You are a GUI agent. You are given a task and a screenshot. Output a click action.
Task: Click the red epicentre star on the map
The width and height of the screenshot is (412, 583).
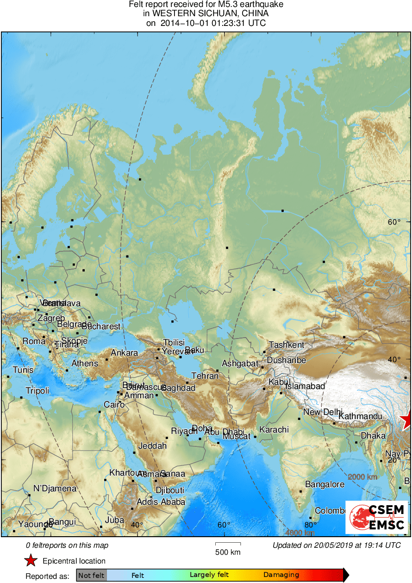click(407, 420)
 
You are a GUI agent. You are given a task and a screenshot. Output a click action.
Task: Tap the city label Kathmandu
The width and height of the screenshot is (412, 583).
click(360, 417)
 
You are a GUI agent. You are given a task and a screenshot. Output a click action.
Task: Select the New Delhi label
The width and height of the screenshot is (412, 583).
click(323, 412)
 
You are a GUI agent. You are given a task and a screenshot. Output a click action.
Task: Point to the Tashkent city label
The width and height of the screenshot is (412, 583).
click(287, 345)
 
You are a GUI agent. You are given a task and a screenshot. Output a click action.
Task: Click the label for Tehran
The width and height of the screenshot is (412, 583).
click(205, 376)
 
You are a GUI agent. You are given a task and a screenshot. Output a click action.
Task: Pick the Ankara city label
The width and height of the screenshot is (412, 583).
click(124, 353)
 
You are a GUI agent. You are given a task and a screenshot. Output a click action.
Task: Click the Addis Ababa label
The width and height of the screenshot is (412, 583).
click(161, 502)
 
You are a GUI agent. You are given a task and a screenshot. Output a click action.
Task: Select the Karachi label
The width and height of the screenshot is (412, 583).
click(274, 430)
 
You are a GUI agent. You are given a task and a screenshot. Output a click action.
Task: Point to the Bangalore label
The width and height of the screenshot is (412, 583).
click(325, 484)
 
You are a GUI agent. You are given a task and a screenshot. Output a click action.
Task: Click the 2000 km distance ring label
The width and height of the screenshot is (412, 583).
click(362, 477)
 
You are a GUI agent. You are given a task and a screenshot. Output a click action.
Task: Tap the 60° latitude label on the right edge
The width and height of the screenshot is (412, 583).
click(394, 222)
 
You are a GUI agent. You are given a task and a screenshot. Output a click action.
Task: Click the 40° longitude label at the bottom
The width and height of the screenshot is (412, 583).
click(137, 525)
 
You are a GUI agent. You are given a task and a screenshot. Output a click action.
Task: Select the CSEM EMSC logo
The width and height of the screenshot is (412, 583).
click(377, 517)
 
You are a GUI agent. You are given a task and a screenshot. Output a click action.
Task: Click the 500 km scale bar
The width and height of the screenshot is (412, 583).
click(228, 543)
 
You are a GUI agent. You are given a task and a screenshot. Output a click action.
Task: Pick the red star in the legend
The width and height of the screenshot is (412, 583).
click(31, 561)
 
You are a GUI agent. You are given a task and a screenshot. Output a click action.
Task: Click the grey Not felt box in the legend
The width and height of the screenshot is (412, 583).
click(91, 575)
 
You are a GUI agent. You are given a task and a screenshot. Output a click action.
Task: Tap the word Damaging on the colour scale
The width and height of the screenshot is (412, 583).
click(281, 575)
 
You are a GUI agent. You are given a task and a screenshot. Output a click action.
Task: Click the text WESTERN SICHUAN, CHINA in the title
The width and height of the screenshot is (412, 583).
click(206, 13)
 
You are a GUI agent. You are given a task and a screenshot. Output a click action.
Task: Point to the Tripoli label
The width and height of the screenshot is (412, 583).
click(37, 391)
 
